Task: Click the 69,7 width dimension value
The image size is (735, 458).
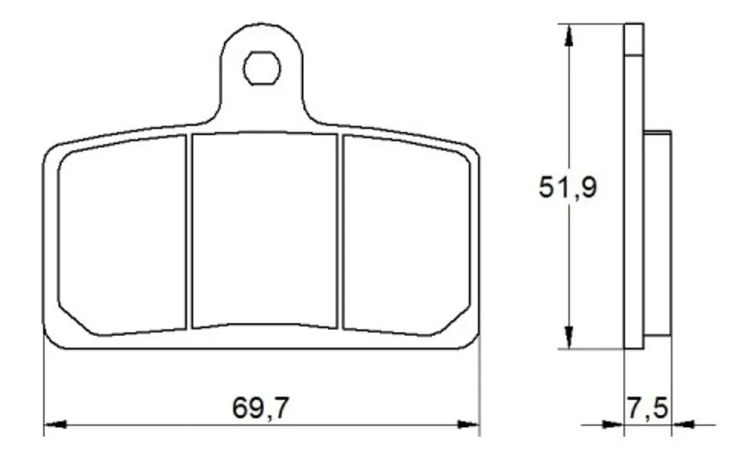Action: pyautogui.click(x=261, y=407)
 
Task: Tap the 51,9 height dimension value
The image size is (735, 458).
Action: pyautogui.click(x=567, y=187)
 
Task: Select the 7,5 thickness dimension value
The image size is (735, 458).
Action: pyautogui.click(x=647, y=407)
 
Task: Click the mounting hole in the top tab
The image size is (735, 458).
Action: pyautogui.click(x=262, y=68)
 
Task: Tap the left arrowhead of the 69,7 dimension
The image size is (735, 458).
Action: pyautogui.click(x=55, y=424)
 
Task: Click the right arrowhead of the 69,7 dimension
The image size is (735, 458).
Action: pyautogui.click(x=468, y=424)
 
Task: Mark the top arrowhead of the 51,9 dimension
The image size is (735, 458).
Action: pyautogui.click(x=569, y=35)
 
